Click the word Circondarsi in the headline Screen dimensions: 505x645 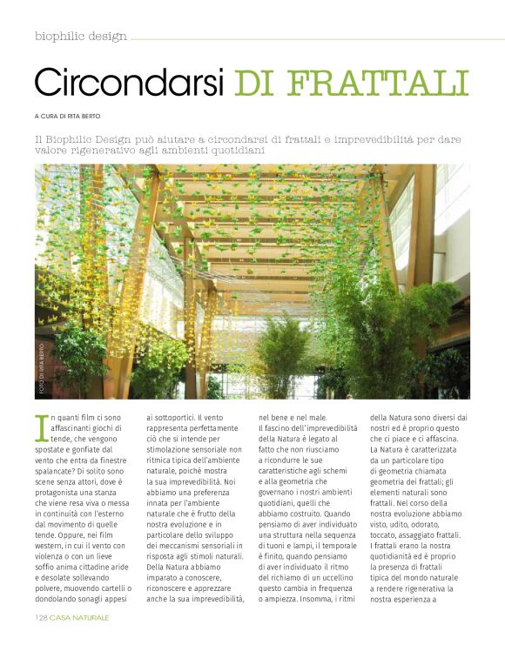(x=129, y=82)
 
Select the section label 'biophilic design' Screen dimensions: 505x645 (x=81, y=37)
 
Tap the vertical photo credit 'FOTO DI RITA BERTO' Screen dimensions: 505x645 (x=41, y=366)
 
